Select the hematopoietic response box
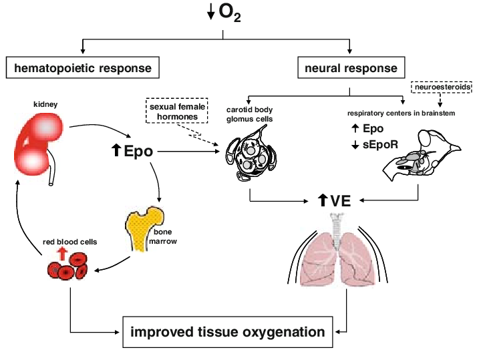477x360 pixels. tap(84, 67)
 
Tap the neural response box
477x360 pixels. tap(351, 67)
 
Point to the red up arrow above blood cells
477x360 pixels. tap(63, 251)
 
